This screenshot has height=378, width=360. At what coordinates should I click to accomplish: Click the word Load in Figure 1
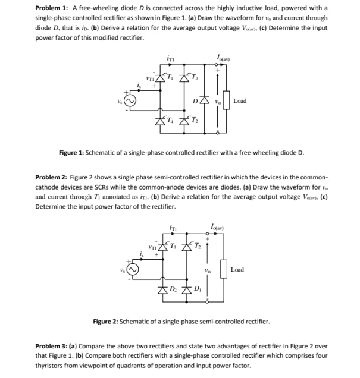coord(240,101)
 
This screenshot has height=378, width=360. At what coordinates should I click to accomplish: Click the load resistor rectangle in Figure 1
coord(226,101)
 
